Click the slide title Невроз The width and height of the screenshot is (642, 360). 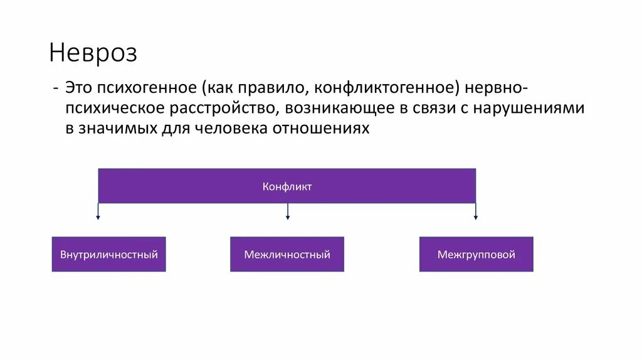[x=93, y=53]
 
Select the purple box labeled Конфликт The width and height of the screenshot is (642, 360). [x=287, y=186]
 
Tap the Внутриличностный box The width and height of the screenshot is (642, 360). [x=108, y=255]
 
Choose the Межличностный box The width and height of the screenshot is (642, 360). [x=287, y=255]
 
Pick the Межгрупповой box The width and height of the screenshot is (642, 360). [x=476, y=255]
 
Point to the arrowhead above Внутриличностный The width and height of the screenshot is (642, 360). [x=98, y=217]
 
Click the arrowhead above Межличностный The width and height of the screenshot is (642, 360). [x=287, y=217]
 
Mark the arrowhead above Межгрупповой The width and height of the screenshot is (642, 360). [x=476, y=217]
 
